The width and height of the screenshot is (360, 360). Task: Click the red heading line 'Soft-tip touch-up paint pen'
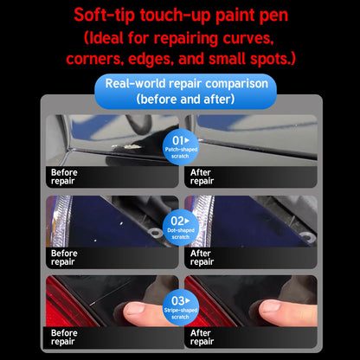[x=180, y=15]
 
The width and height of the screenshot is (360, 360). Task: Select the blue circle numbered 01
[x=180, y=145]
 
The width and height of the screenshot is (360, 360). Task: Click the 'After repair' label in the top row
[x=202, y=176]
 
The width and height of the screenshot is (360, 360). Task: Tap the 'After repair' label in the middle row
[x=202, y=256]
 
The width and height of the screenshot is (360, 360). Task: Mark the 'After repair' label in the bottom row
[x=202, y=336]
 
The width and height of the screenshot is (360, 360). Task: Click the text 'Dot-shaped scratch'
[x=180, y=234]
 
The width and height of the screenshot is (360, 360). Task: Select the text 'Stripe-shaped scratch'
[x=180, y=312]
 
